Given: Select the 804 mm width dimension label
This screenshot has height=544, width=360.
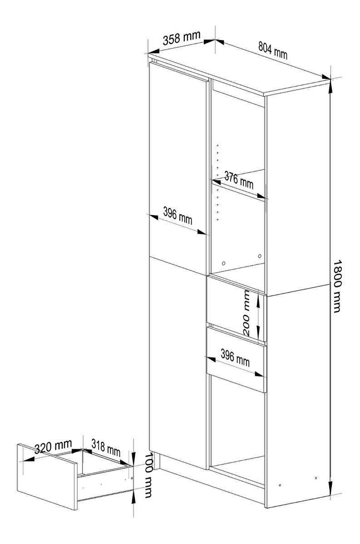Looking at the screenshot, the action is tap(273, 50).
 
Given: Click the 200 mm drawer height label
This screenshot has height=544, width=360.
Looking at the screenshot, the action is tap(247, 312).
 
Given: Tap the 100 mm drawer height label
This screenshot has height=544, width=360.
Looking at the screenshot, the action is tap(148, 475).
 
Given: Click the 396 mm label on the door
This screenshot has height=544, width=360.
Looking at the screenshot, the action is tap(178, 215).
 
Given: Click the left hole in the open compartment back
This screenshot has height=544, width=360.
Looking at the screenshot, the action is tap(224, 263).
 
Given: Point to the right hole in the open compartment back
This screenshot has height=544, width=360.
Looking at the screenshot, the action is tap(260, 256).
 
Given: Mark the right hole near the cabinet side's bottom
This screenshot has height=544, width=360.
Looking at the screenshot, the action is tap(316, 478).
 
